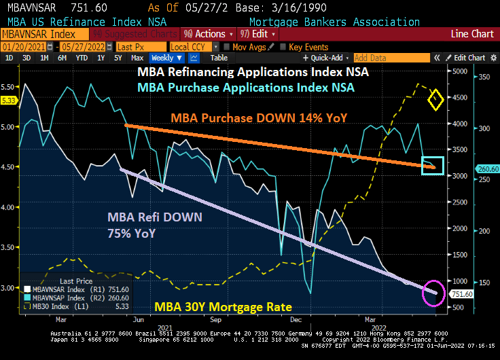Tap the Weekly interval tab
point(163,58)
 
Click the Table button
point(219,58)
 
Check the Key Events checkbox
point(285,47)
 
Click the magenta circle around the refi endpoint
point(433,293)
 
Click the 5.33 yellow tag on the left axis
point(9,100)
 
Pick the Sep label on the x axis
point(216,318)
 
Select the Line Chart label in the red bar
point(473,34)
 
